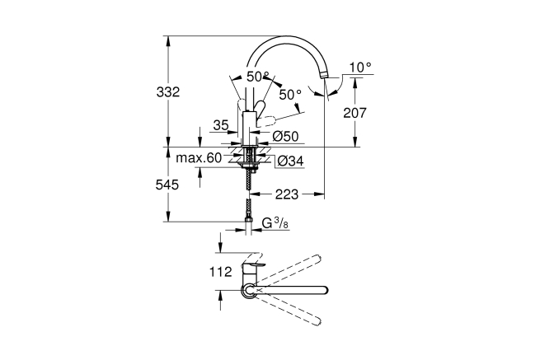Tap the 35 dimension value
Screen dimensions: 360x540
[x=220, y=125]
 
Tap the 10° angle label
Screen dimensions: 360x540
[x=360, y=66]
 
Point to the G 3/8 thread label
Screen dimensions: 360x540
[x=275, y=223]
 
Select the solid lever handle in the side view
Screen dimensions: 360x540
[x=257, y=107]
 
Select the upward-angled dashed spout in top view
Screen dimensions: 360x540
[x=293, y=264]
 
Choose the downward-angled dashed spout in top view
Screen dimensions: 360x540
[x=293, y=312]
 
